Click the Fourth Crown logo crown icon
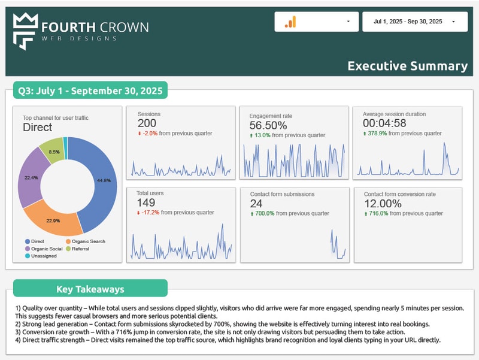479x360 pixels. click(24, 31)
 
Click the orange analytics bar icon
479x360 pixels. click(290, 22)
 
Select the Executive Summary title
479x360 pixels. click(407, 66)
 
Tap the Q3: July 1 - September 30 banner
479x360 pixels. click(90, 91)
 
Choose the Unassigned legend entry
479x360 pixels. click(41, 256)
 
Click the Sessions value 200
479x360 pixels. click(147, 123)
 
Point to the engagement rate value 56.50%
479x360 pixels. click(268, 125)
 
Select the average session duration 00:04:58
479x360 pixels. click(384, 123)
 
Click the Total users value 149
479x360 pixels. click(147, 203)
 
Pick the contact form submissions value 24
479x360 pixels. click(256, 204)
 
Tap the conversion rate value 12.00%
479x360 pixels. click(384, 204)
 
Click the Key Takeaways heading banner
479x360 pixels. click(90, 289)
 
